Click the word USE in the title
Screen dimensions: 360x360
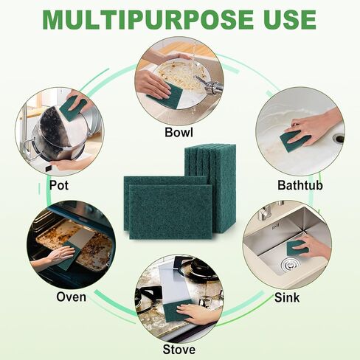288,19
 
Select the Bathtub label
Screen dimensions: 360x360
300,184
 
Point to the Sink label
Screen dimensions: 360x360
288,297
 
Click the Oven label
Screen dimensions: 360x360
71,297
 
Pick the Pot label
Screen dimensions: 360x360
59,184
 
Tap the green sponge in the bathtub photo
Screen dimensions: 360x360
294,139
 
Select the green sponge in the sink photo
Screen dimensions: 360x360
297,248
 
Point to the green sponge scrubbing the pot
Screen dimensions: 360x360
72,109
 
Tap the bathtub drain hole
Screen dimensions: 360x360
338,137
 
